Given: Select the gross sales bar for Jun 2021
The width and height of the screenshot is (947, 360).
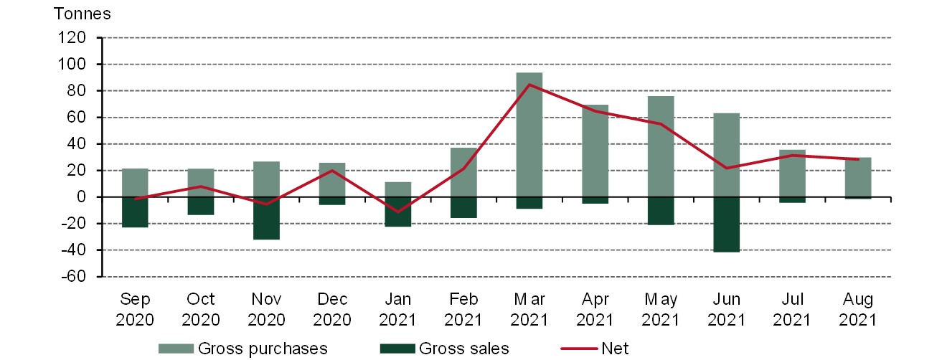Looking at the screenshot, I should (726, 224).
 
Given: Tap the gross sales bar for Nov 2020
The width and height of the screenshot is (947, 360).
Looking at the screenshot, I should (266, 218).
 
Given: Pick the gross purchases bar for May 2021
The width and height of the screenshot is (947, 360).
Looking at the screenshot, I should (661, 146).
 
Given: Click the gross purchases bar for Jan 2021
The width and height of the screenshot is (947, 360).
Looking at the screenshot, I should (398, 189).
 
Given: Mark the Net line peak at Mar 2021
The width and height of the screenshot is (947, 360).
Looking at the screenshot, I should (529, 85).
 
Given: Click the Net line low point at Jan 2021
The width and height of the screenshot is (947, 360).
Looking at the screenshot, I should (398, 212).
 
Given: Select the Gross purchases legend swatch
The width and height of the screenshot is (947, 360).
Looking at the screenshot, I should (176, 349).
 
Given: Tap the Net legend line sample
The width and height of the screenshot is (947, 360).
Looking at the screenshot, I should (578, 349).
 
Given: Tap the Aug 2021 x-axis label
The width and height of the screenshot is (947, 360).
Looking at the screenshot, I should (857, 309).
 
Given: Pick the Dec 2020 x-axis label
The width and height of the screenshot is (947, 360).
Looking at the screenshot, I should (332, 309).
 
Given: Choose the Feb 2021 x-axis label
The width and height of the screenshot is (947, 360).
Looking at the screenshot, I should (463, 309).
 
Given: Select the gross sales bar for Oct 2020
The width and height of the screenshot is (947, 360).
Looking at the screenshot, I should (201, 206).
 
